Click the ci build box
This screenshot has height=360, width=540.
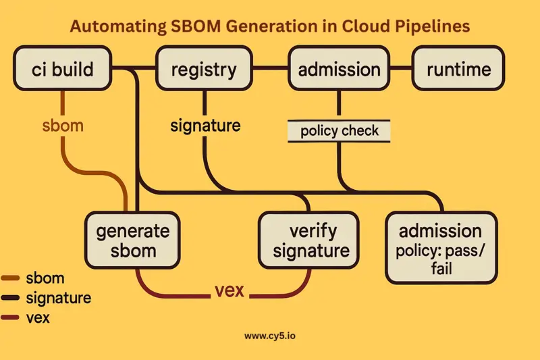coord(63,69)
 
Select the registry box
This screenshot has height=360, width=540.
coord(204,69)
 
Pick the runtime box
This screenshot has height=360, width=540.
coord(458,69)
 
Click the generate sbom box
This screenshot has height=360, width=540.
coord(132,241)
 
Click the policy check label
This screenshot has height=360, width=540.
coord(340,130)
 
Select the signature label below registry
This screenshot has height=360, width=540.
coord(205,126)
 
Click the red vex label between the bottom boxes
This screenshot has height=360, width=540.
coord(229,292)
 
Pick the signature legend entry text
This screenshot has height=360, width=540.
coord(58,297)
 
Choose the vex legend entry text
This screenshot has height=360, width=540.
coord(40,317)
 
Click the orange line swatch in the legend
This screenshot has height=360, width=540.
coord(11,278)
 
